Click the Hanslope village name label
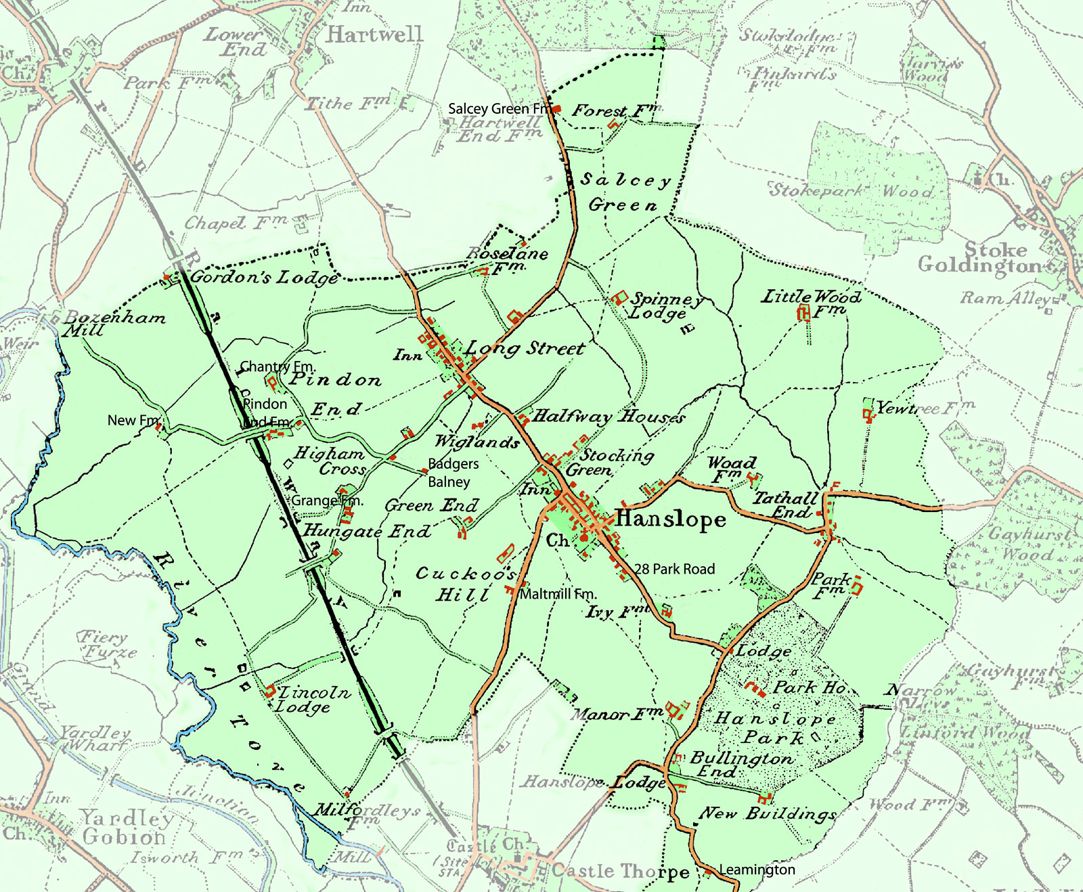click(x=670, y=519)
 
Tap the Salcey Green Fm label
click(x=500, y=108)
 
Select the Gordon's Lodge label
click(x=264, y=277)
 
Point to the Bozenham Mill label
click(x=114, y=324)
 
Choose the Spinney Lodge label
click(x=667, y=305)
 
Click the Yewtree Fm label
click(x=925, y=408)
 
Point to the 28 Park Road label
click(x=674, y=569)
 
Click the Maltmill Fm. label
click(x=558, y=594)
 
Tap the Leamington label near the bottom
click(x=757, y=869)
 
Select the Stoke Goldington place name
click(x=980, y=257)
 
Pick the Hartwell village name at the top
click(x=374, y=34)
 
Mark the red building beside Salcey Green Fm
click(x=557, y=108)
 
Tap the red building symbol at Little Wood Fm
click(x=803, y=312)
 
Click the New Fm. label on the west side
click(x=133, y=420)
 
